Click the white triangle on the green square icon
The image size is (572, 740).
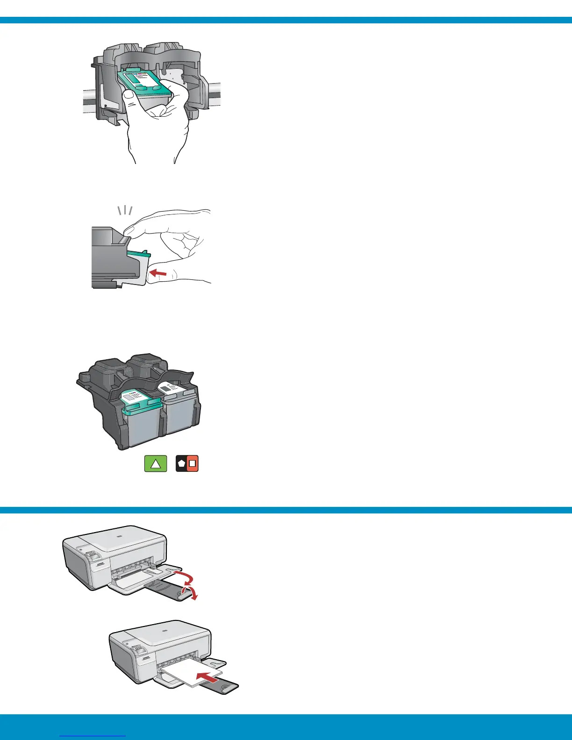156,464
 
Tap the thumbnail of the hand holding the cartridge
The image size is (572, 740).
129,95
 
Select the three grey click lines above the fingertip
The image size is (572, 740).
125,210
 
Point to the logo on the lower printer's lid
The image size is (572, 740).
164,630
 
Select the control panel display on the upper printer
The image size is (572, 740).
93,555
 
